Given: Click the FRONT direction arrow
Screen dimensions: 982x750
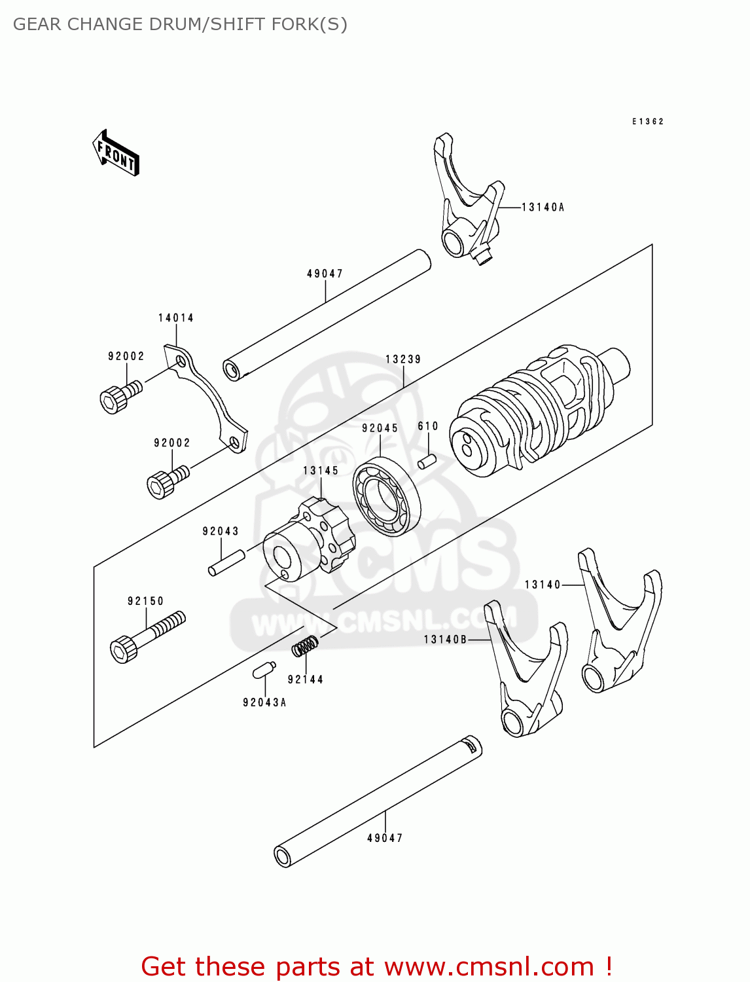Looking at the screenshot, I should click(x=116, y=153).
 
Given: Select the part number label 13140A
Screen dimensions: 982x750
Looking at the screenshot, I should click(x=543, y=208).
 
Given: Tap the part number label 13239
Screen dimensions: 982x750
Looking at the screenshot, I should click(x=403, y=359).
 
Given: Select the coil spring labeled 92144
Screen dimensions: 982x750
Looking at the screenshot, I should click(x=305, y=646).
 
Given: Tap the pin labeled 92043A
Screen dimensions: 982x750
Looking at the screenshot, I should click(x=263, y=670).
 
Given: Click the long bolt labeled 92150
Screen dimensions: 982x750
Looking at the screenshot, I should click(x=148, y=636).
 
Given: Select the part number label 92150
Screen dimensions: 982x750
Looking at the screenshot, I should click(x=145, y=601).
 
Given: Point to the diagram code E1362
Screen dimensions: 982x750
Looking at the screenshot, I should click(x=648, y=122).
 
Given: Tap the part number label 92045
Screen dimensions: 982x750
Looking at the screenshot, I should click(x=380, y=428).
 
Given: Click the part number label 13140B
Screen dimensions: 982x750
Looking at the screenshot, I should click(x=445, y=640).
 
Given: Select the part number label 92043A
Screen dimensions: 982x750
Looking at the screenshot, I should click(x=264, y=702).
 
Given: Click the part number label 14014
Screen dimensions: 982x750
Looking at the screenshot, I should click(x=176, y=318).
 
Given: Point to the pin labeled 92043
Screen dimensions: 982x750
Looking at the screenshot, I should click(x=226, y=563).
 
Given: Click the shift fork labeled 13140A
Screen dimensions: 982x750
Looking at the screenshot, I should click(x=468, y=203).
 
